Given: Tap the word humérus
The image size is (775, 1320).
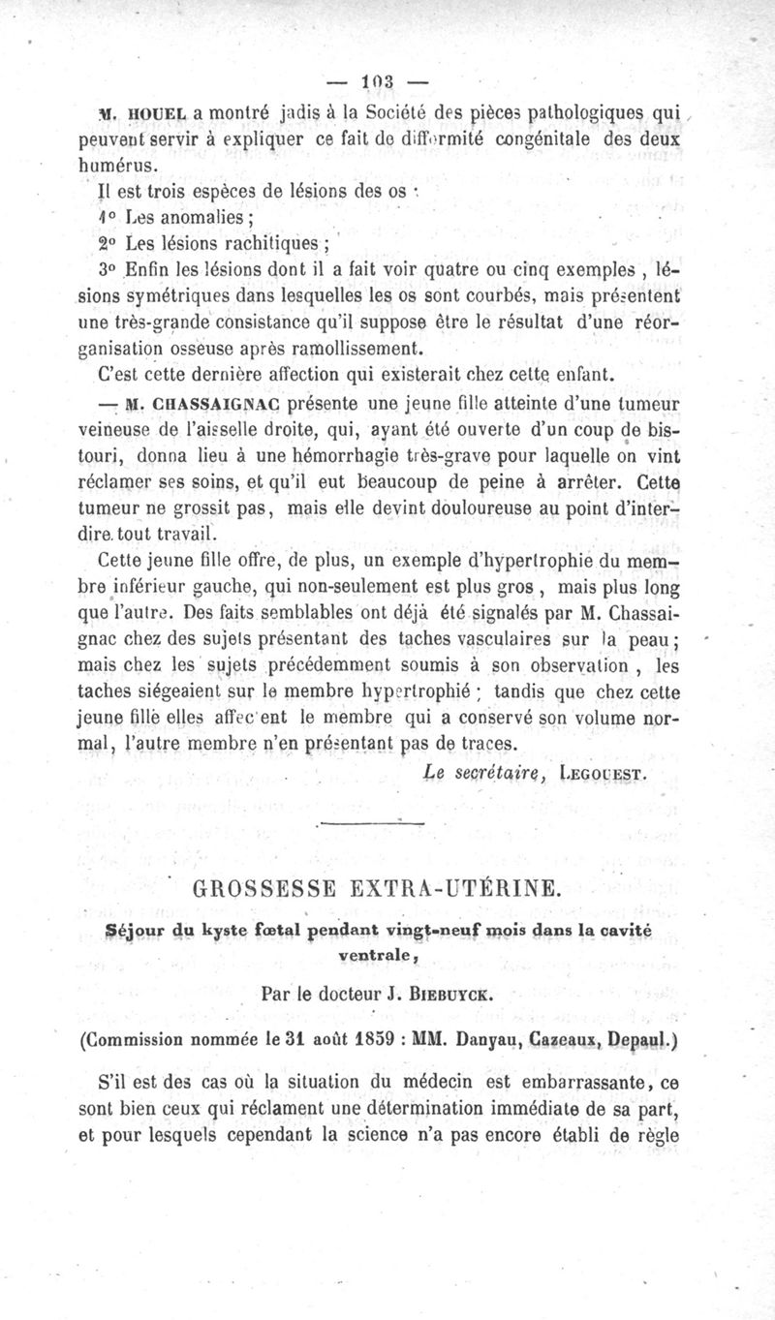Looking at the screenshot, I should pyautogui.click(x=114, y=163).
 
